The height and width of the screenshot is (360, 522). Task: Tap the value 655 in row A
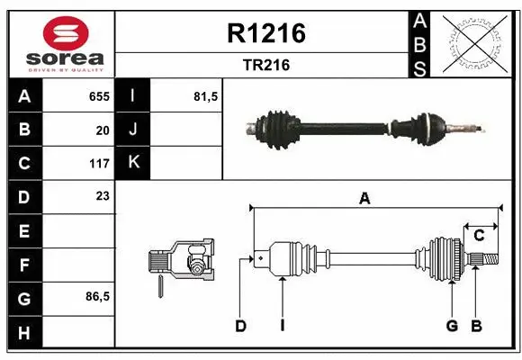click(x=99, y=95)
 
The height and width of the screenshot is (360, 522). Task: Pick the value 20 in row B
click(x=103, y=130)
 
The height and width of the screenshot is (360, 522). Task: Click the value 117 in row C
click(x=99, y=164)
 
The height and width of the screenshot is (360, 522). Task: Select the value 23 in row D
click(x=103, y=195)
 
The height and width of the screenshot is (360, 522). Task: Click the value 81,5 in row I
click(x=206, y=95)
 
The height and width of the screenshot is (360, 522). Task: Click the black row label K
click(x=133, y=163)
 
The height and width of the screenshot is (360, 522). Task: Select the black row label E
click(x=23, y=230)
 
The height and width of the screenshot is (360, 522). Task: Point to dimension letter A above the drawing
click(x=364, y=199)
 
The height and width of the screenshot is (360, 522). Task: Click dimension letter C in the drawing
click(x=479, y=235)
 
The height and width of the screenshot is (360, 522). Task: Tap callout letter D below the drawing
click(x=240, y=326)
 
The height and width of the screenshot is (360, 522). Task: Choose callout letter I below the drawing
click(x=282, y=326)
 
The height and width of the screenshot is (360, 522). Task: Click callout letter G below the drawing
click(x=452, y=326)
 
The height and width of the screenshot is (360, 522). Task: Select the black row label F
click(x=23, y=265)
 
